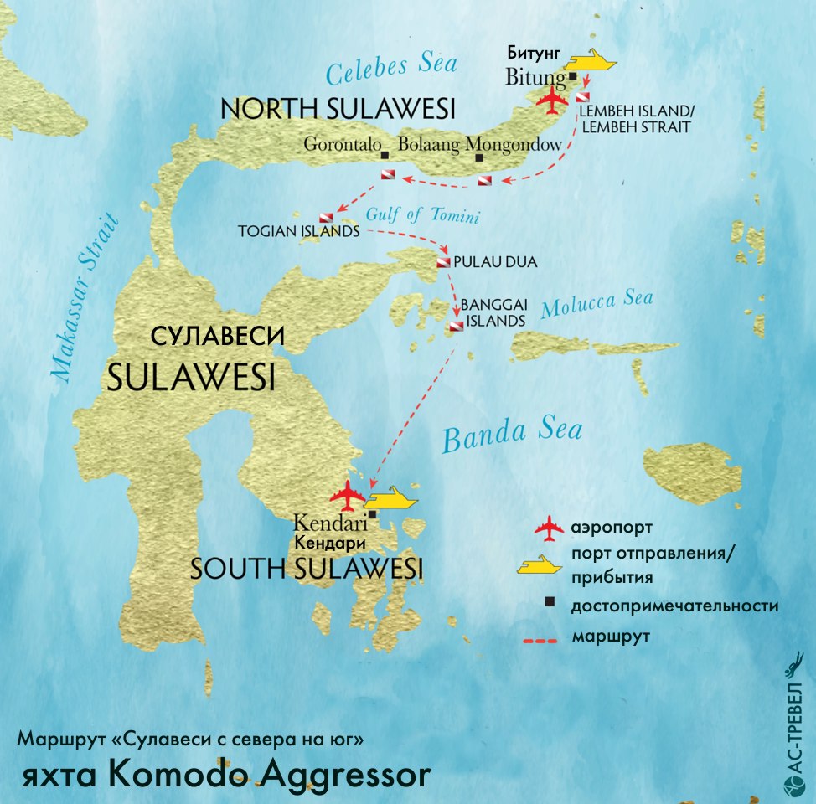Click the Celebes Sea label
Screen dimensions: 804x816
click(x=391, y=71)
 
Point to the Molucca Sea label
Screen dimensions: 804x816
click(x=597, y=305)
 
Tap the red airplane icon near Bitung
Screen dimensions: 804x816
click(x=553, y=100)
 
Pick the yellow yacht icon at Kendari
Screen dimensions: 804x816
click(x=391, y=500)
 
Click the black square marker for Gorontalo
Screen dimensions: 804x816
click(x=385, y=156)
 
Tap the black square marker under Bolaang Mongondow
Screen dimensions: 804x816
click(x=479, y=157)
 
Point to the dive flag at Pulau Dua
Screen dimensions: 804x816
click(x=442, y=263)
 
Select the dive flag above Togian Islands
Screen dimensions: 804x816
click(x=325, y=217)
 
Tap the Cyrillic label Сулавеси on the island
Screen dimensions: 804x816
click(x=218, y=337)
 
